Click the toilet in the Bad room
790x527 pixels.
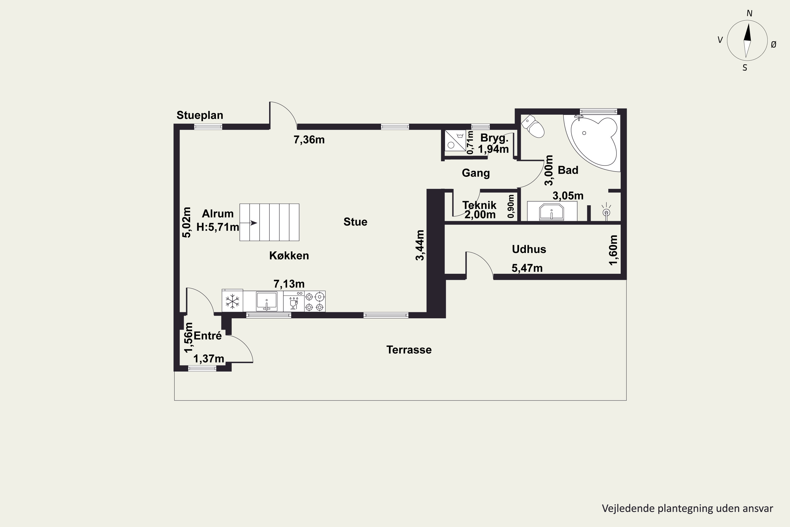coord(533,126)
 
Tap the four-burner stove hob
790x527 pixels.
coord(315,301)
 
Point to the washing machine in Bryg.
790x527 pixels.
coord(456,140)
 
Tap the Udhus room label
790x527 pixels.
coord(529,249)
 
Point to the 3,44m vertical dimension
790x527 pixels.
coord(420,245)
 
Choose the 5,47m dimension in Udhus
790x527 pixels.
coord(527,268)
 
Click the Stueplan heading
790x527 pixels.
coord(200,115)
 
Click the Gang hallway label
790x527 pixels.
coord(476,173)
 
